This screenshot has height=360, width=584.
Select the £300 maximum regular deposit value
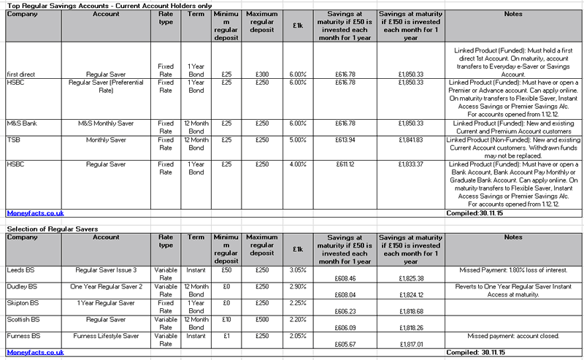(262, 74)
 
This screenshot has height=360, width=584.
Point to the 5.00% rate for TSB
(297, 139)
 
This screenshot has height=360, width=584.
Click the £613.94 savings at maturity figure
(343, 139)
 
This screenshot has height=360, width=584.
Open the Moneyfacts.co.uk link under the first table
(36, 212)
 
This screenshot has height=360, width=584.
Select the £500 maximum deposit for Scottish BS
(262, 319)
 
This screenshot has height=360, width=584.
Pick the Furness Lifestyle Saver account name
(107, 335)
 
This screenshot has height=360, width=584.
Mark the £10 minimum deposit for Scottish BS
(226, 319)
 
